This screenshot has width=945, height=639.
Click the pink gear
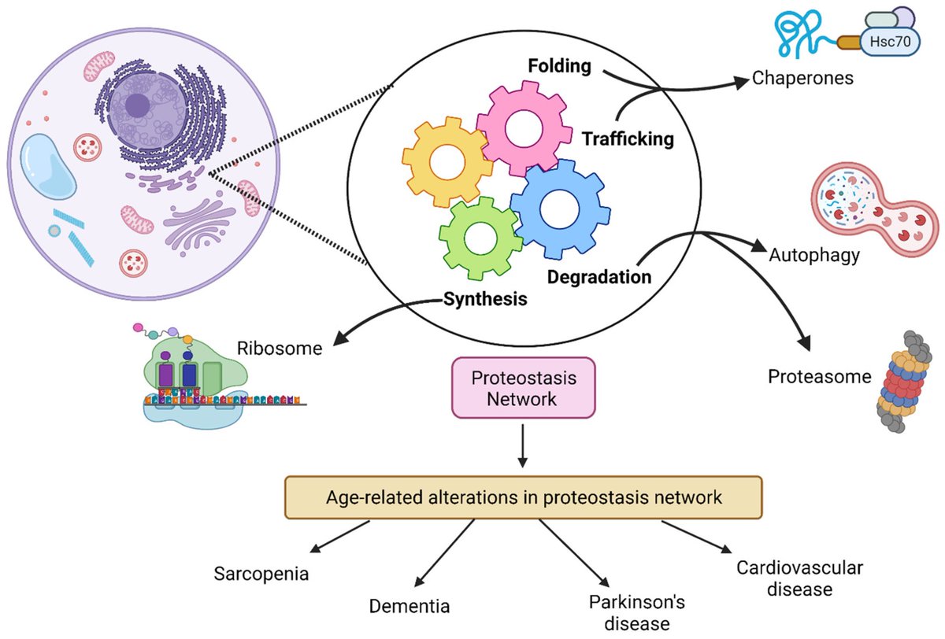(524, 128)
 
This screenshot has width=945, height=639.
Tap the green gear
(480, 238)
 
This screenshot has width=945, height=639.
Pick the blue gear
(560, 209)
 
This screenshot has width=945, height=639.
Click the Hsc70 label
(890, 41)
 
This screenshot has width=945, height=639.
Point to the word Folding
(559, 66)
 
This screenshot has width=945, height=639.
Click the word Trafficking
(628, 139)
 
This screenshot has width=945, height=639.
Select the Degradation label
(599, 277)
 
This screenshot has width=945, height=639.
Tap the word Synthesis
(485, 299)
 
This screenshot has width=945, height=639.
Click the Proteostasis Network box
(524, 388)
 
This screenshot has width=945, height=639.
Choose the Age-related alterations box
(524, 497)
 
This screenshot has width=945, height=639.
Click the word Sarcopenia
(261, 574)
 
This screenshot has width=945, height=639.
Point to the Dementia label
(409, 606)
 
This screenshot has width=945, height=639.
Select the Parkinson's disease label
(637, 613)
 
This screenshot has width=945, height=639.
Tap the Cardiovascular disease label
(799, 578)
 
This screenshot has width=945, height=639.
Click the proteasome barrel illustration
(904, 382)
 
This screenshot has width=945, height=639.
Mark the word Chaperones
(802, 78)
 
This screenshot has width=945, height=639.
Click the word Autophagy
(814, 256)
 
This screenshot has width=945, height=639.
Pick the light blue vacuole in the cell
(48, 166)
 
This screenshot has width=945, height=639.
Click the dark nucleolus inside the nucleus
(137, 105)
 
